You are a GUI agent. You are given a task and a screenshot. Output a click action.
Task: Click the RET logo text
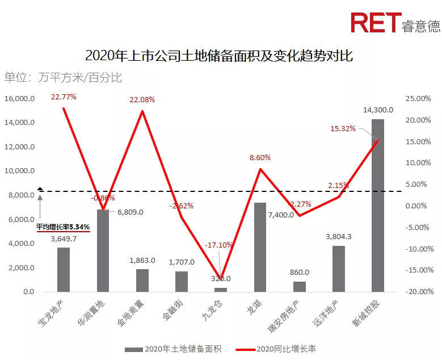(x=374, y=23)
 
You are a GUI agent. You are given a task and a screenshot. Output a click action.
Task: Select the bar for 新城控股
(x=377, y=205)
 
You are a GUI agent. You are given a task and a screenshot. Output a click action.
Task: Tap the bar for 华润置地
(x=103, y=250)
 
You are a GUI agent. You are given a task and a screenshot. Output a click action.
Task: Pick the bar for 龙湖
(x=260, y=247)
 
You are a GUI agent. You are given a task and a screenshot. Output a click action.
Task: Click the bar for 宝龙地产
(x=64, y=270)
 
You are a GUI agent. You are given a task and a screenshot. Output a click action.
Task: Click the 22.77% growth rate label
(x=64, y=97)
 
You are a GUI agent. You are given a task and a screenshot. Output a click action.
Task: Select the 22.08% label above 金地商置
(x=142, y=100)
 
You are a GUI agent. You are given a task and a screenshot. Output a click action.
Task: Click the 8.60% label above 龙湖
(x=260, y=158)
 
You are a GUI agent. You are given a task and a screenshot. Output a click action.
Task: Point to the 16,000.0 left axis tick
(x=20, y=99)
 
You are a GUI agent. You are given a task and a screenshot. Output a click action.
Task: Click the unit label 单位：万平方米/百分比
(x=63, y=78)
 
